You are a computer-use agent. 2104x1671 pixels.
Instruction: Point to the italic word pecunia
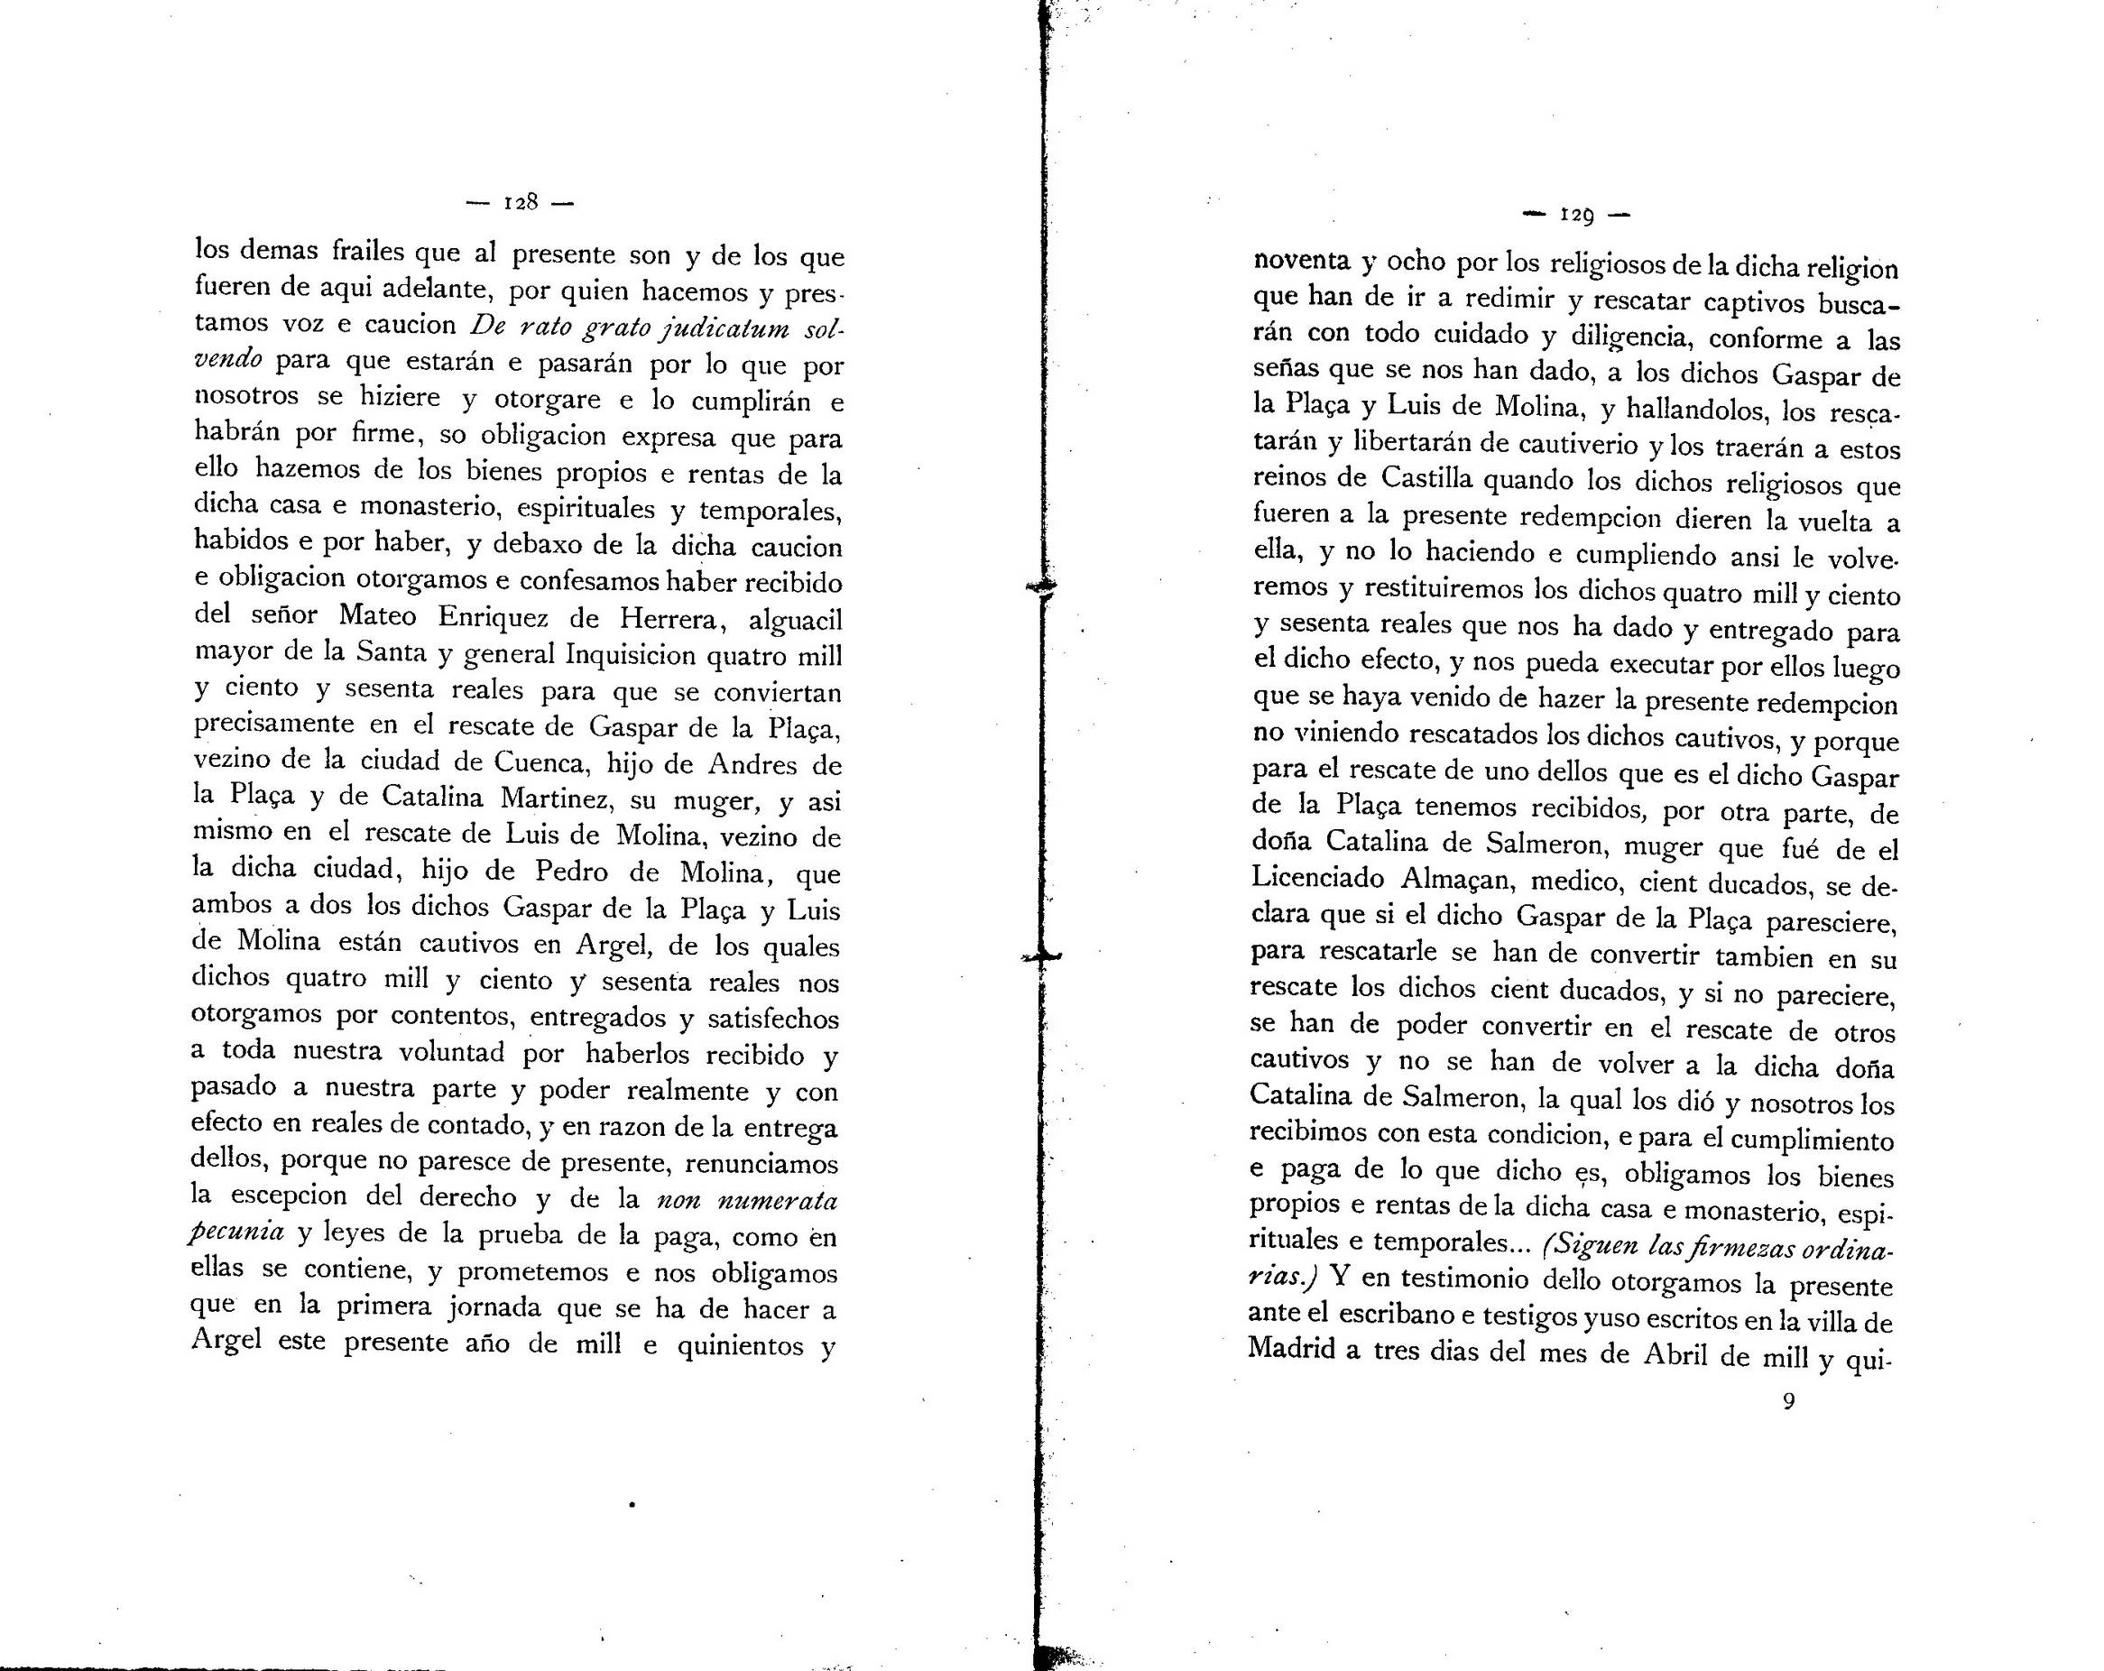click(x=237, y=1232)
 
